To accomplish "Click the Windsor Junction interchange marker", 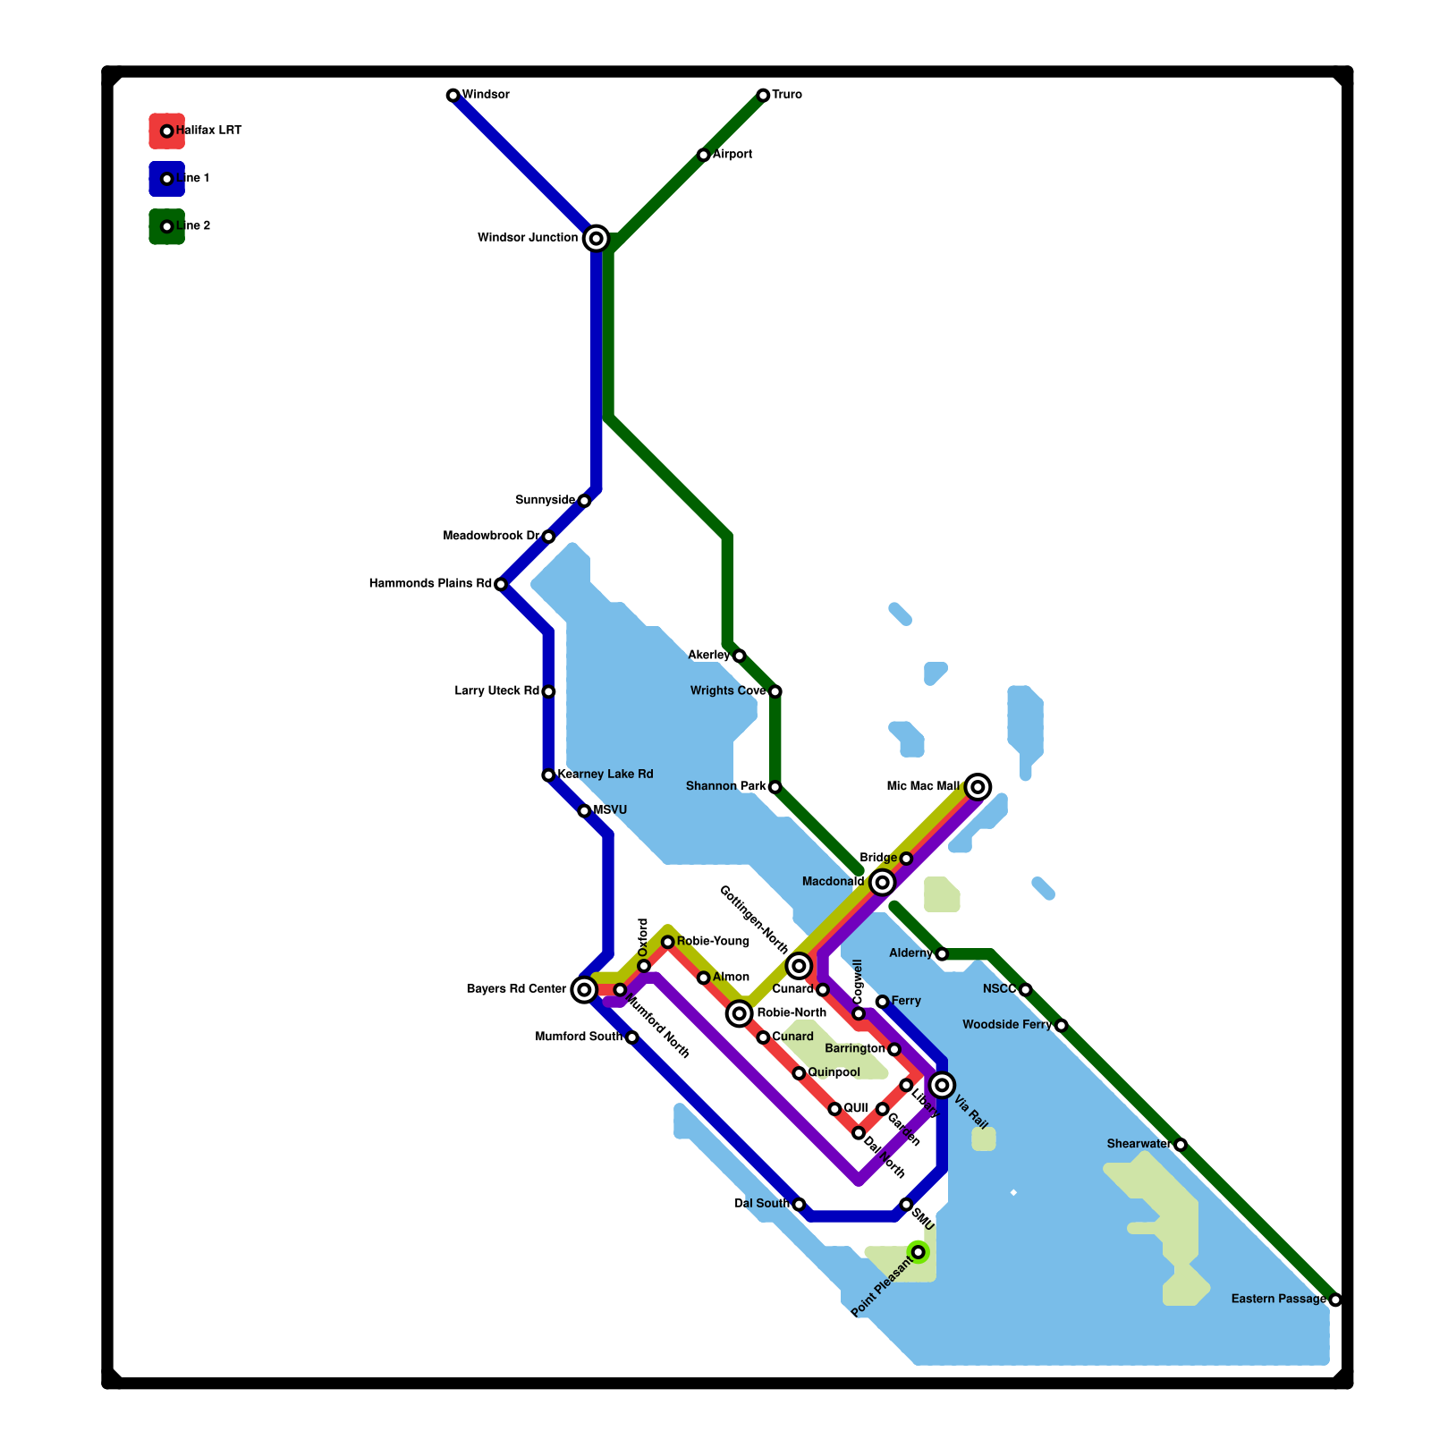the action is tap(596, 239).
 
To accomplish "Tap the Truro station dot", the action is tap(763, 96).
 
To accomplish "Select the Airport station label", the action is tap(732, 155).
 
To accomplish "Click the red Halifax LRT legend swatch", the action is tap(166, 131).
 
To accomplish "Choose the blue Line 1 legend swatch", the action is tap(166, 179).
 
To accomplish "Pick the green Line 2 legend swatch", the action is tap(166, 226).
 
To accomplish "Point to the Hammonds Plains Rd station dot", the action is tap(501, 585).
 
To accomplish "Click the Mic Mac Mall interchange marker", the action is tap(978, 787).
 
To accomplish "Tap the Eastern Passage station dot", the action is tap(1335, 1300).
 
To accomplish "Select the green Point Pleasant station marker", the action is tap(918, 1252).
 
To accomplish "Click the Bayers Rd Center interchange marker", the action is tap(584, 989).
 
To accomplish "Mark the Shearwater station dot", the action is tap(1181, 1145).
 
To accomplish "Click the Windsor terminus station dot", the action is tap(453, 96).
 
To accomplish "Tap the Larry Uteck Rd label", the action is tap(496, 691).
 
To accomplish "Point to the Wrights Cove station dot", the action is tap(775, 691).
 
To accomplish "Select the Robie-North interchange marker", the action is tap(739, 1013).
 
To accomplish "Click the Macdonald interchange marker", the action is tap(882, 883).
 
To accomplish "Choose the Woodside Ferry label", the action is tap(1007, 1025).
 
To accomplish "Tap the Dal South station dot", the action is tap(799, 1205).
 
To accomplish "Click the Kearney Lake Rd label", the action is tap(605, 775).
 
